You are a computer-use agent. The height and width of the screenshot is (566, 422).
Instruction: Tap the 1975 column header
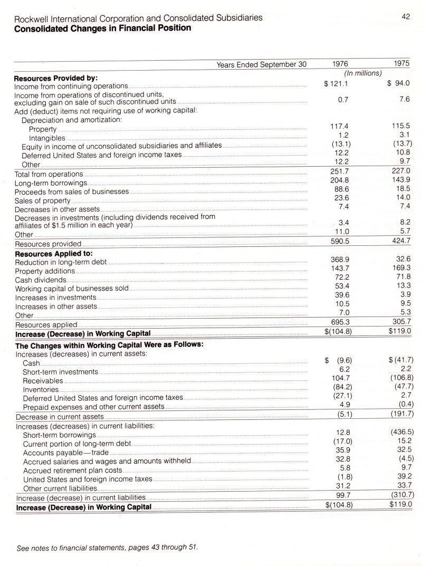401,64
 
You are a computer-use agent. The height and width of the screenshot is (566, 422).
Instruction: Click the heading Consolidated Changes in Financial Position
102,27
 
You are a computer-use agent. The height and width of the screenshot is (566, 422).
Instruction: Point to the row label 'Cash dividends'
41,280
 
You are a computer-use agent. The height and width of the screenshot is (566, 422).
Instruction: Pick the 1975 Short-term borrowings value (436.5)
399,432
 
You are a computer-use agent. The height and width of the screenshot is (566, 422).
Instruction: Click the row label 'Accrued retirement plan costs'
73,470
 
